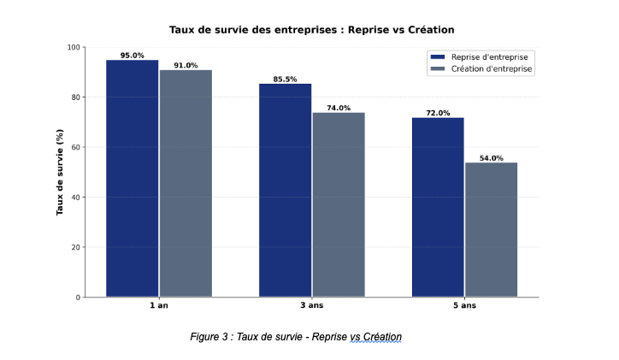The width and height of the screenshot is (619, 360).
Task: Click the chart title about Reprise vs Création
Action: pos(311,30)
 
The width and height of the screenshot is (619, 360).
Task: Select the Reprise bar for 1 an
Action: pos(133,179)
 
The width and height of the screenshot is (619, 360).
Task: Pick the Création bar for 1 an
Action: pos(186,184)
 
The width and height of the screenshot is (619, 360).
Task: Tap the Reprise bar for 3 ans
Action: pos(286,191)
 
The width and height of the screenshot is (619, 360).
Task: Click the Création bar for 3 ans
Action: pos(339,205)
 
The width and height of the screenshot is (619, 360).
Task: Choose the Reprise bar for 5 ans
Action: pos(438,208)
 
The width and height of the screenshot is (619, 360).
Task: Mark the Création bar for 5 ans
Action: pos(491,230)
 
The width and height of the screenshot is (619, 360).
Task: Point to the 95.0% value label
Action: pos(133,56)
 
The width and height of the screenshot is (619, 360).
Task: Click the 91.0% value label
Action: pos(186,66)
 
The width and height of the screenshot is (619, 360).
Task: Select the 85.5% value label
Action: pos(286,80)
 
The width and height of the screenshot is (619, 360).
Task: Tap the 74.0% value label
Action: pos(339,109)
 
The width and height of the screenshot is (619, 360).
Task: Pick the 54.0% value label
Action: pos(491,158)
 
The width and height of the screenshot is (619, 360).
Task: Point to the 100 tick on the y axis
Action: pos(74,48)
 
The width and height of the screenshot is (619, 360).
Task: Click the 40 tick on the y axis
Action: pos(76,198)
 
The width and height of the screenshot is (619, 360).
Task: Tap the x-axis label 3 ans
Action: pos(312,306)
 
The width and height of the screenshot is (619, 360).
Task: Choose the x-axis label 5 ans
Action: pos(464,306)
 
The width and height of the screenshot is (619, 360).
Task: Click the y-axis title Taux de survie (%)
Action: pos(60,173)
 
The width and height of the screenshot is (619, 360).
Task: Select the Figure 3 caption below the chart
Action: pos(296,337)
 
